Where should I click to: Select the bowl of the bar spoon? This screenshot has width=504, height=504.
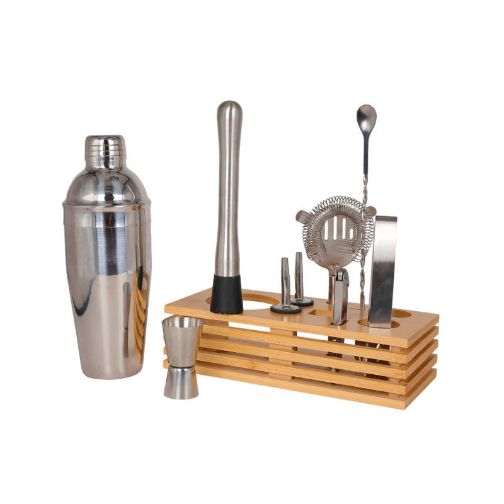pyautogui.click(x=365, y=117)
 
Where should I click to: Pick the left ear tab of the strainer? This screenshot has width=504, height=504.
pyautogui.click(x=302, y=215)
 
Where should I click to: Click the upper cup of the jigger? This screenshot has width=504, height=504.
pyautogui.click(x=183, y=340)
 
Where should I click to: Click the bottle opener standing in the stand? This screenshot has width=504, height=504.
pyautogui.click(x=340, y=296)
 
